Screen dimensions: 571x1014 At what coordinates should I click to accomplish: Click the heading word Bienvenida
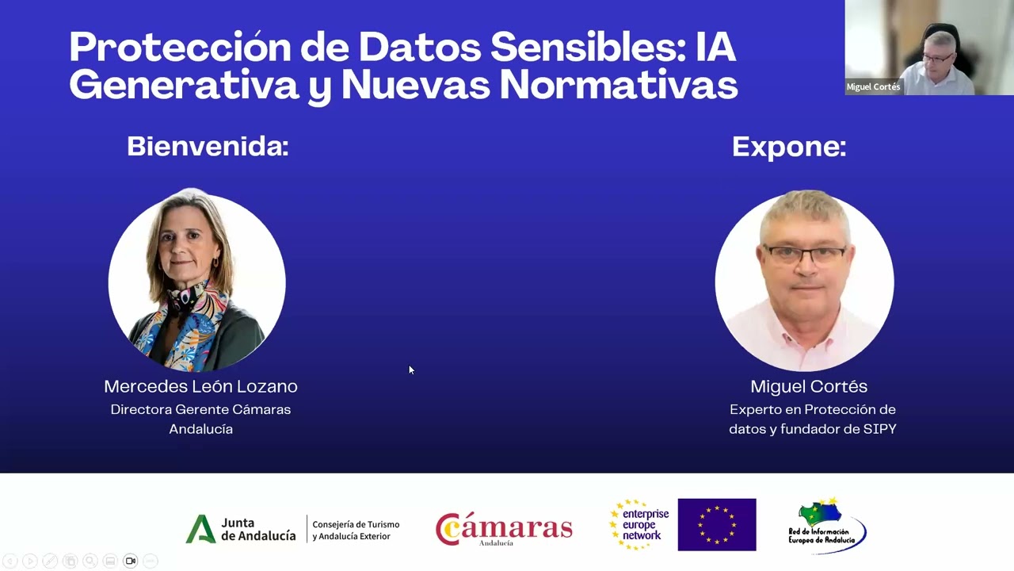pyautogui.click(x=208, y=147)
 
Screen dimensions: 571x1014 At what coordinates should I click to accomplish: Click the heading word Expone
pyautogui.click(x=788, y=147)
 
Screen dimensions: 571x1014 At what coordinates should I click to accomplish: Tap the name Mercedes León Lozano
pyautogui.click(x=200, y=386)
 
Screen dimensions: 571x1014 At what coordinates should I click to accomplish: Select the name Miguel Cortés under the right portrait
pyautogui.click(x=809, y=386)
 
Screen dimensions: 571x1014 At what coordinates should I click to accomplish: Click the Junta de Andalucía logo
pyautogui.click(x=241, y=529)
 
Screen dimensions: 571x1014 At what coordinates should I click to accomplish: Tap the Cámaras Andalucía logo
pyautogui.click(x=504, y=529)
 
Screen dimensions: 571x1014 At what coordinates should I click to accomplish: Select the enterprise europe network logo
pyautogui.click(x=639, y=524)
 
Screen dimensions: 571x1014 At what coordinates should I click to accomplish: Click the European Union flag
pyautogui.click(x=717, y=524)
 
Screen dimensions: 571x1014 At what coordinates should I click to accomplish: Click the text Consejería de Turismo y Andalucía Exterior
pyautogui.click(x=356, y=530)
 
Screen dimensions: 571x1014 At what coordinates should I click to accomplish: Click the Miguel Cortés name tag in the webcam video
pyautogui.click(x=873, y=87)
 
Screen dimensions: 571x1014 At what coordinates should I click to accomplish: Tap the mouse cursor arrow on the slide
pyautogui.click(x=411, y=370)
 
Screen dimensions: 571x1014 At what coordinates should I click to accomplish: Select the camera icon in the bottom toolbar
pyautogui.click(x=130, y=561)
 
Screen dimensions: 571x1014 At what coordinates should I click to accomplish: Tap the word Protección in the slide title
pyautogui.click(x=180, y=48)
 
